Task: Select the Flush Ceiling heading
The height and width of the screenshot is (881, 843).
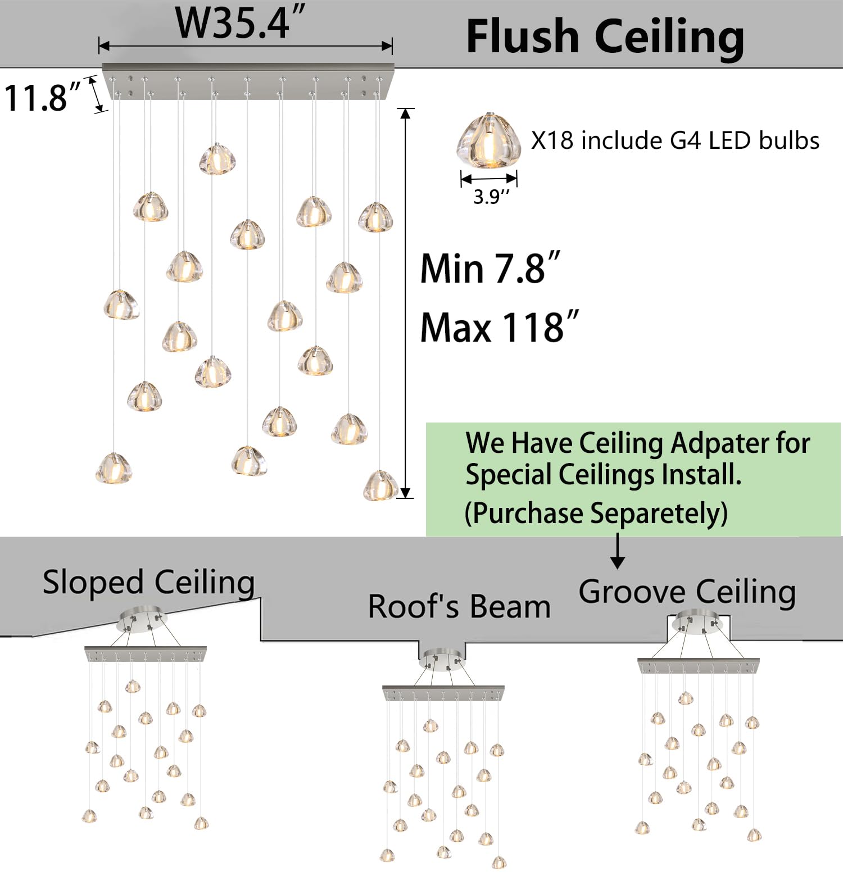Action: pyautogui.click(x=605, y=37)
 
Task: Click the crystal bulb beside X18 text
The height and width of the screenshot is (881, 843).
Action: pyautogui.click(x=488, y=140)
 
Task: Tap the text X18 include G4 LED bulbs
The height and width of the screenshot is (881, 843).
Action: pyautogui.click(x=675, y=140)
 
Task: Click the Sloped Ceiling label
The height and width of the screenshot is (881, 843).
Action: pyautogui.click(x=149, y=582)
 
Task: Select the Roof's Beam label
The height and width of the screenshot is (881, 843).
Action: pyautogui.click(x=459, y=606)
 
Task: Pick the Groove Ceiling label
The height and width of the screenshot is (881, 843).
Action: pyautogui.click(x=687, y=592)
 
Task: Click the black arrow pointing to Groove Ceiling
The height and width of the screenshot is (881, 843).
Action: pyautogui.click(x=618, y=551)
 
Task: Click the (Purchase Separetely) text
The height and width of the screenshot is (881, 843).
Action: pyautogui.click(x=596, y=514)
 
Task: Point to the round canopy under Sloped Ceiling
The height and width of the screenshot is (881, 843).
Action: pyautogui.click(x=142, y=619)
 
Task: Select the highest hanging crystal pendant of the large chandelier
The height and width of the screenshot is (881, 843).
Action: pyautogui.click(x=217, y=158)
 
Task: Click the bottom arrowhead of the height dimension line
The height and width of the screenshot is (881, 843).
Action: pyautogui.click(x=406, y=493)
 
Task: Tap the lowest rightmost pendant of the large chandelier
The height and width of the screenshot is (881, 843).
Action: pyautogui.click(x=381, y=485)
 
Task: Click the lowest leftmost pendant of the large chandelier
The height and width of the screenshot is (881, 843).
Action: pyautogui.click(x=114, y=468)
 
